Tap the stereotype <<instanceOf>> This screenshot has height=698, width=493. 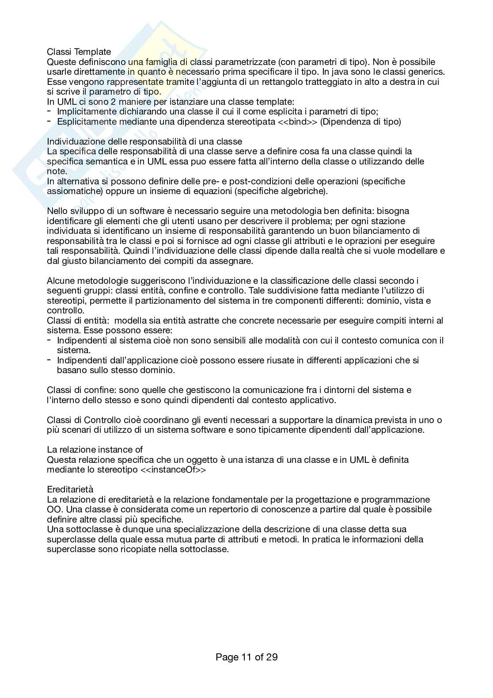pyautogui.click(x=173, y=470)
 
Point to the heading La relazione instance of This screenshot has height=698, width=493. pyautogui.click(x=95, y=450)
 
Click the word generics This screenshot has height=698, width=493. pyautogui.click(x=428, y=72)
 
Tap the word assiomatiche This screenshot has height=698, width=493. pyautogui.click(x=71, y=191)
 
